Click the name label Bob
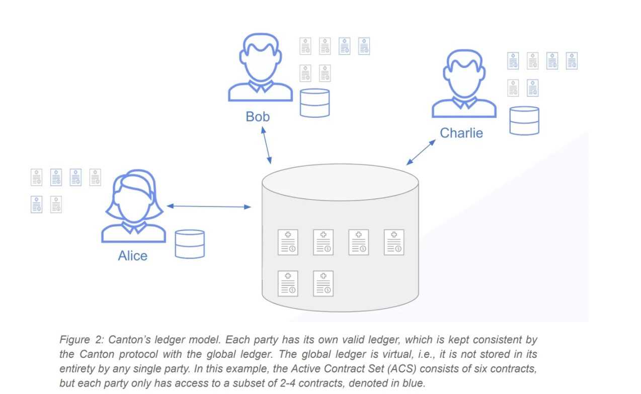coord(258,117)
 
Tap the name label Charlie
coord(461,133)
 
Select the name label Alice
coord(133,256)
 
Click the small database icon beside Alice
coord(190,244)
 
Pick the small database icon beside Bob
coord(314,103)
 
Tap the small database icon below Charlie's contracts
coord(524,120)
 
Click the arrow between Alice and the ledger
coord(209,206)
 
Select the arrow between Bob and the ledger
coord(267,145)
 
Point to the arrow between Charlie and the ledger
coord(421,152)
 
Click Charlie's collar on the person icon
coord(464,103)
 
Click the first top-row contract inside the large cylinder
coord(288,242)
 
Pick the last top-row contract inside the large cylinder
coord(394,242)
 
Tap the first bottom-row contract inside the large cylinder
coord(288,283)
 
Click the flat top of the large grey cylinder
coord(340,182)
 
